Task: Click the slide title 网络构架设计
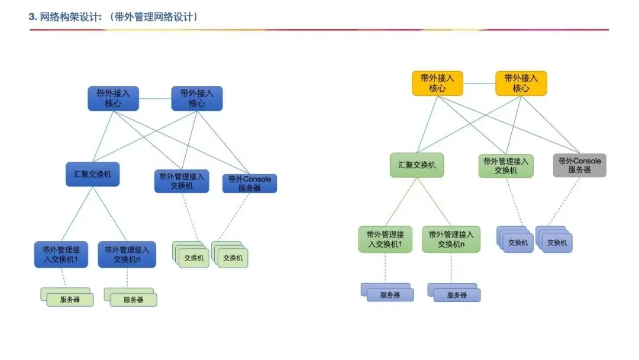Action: click(112, 17)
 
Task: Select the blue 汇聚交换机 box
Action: click(92, 175)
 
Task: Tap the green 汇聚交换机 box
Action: click(417, 165)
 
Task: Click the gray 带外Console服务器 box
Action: click(579, 165)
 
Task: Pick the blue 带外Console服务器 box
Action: click(249, 184)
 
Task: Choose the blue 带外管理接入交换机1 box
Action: click(61, 254)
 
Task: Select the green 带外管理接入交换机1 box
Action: click(385, 239)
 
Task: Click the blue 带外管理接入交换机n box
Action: click(127, 254)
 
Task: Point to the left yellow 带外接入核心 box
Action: click(437, 83)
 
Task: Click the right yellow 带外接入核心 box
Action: click(521, 83)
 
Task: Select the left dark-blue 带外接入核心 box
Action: click(113, 98)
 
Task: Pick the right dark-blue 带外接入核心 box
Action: click(196, 98)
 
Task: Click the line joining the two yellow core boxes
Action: click(479, 83)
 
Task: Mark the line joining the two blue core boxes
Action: click(155, 98)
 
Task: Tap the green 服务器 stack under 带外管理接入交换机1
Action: click(67, 297)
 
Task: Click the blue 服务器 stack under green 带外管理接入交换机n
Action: click(454, 292)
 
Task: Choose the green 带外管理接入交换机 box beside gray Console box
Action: click(506, 166)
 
